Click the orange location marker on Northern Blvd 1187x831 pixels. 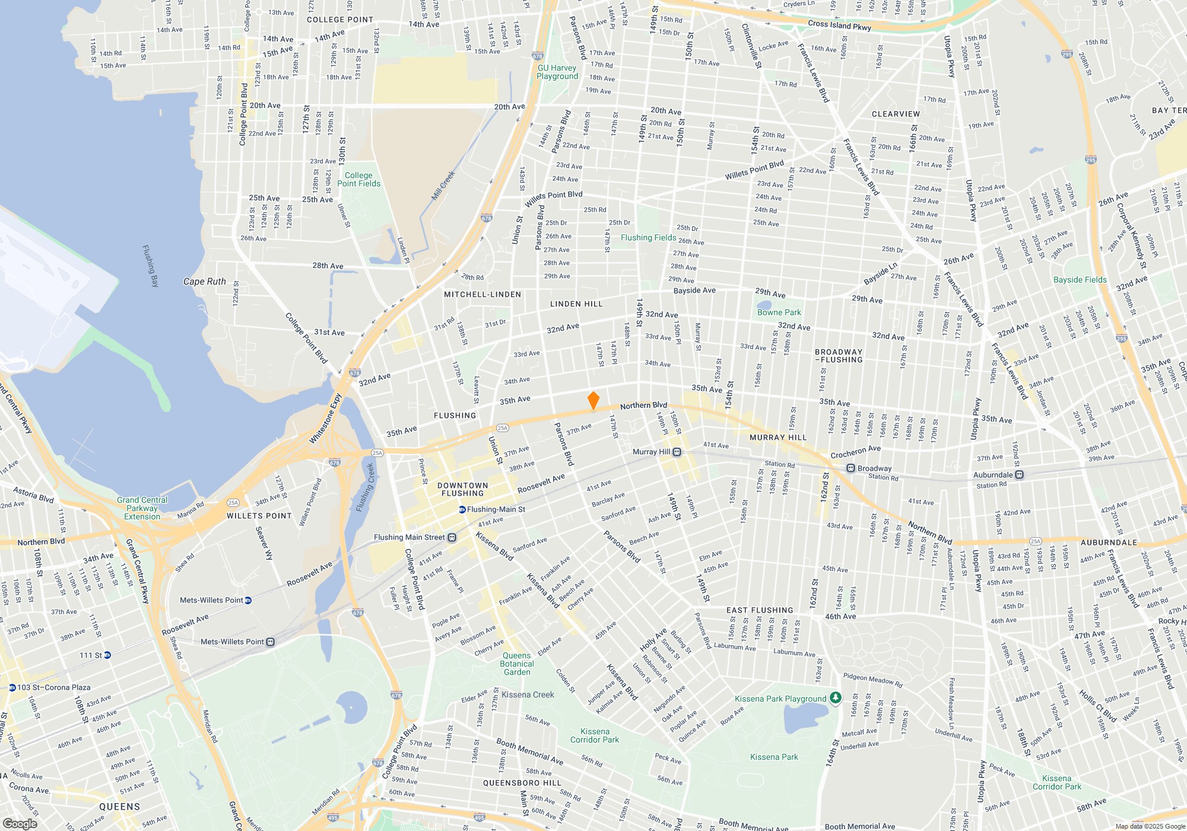coord(593,401)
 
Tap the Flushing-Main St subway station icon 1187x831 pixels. coord(462,509)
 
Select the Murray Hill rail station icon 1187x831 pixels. coord(677,452)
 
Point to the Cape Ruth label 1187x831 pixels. coord(204,281)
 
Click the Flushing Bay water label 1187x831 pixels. coord(151,265)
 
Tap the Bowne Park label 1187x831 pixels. coord(779,312)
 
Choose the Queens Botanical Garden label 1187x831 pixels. coord(517,664)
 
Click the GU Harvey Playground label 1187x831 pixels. coord(557,72)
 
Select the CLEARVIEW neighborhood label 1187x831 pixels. coord(896,114)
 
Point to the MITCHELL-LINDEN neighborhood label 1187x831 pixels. coord(483,294)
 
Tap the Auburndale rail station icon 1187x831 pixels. coord(1019,475)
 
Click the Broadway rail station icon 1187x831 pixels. coord(850,468)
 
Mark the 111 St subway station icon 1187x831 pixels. coord(107,655)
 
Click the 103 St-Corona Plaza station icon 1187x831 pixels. coord(12,687)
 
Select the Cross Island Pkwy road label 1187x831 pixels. coord(839,26)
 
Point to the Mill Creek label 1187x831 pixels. coord(443,186)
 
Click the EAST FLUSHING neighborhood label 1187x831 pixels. coord(760,610)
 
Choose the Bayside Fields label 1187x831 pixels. coord(1080,280)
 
